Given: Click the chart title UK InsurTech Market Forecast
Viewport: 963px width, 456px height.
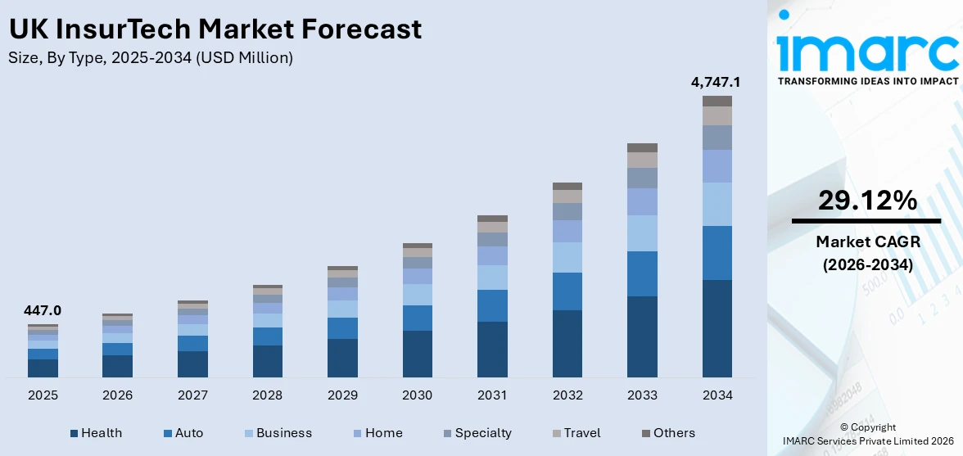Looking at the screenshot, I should click(215, 29).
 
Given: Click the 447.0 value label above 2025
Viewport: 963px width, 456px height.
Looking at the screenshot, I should click(43, 311).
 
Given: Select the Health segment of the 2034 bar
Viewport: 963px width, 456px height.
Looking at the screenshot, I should click(717, 328).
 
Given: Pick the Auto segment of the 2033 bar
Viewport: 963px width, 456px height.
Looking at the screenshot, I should click(642, 273).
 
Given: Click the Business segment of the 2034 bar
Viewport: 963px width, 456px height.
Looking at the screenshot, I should click(717, 204).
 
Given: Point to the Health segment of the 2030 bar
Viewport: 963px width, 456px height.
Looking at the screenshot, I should click(417, 354).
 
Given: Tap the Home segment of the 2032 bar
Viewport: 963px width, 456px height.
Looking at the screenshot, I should click(567, 231).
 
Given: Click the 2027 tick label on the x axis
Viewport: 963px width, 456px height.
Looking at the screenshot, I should click(192, 395).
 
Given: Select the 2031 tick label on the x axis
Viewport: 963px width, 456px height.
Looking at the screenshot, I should click(492, 395).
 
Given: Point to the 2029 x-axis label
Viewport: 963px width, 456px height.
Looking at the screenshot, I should click(342, 395).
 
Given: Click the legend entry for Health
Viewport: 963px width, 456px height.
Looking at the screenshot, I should click(96, 433).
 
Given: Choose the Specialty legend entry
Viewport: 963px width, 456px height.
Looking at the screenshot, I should click(477, 433).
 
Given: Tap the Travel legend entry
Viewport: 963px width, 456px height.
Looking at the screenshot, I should click(575, 433).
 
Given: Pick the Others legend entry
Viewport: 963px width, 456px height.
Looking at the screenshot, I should click(667, 433).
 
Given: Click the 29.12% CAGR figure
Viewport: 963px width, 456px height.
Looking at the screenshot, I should click(866, 201).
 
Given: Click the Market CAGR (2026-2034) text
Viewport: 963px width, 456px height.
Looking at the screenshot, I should click(866, 253).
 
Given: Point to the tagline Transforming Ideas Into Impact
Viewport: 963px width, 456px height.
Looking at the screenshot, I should click(867, 81).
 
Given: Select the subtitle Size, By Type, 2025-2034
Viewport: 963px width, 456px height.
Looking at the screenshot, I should click(151, 58).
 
